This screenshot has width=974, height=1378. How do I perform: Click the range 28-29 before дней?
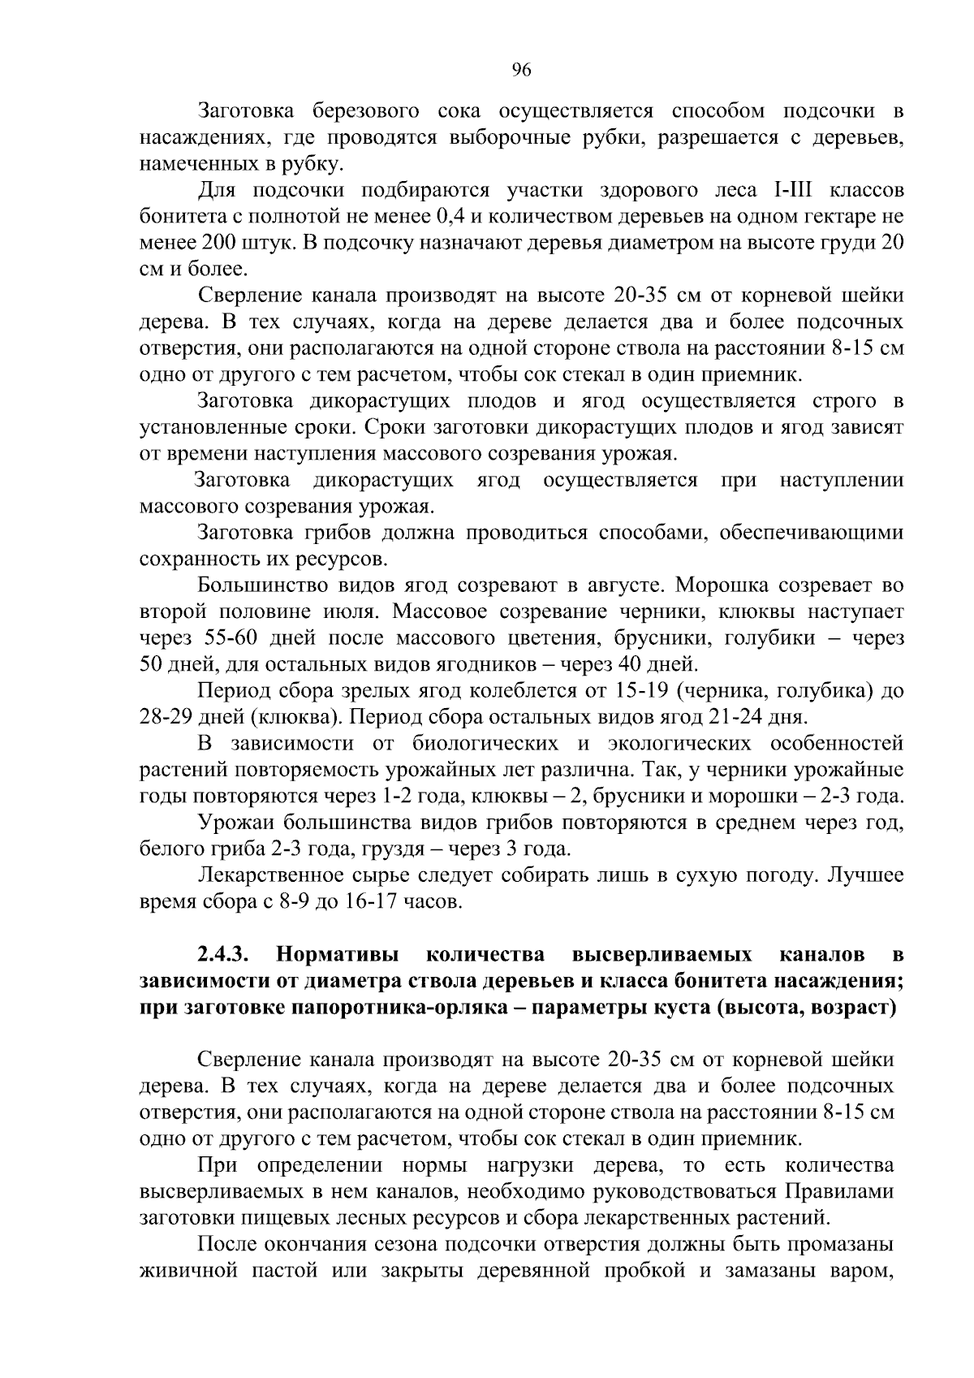pyautogui.click(x=167, y=717)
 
